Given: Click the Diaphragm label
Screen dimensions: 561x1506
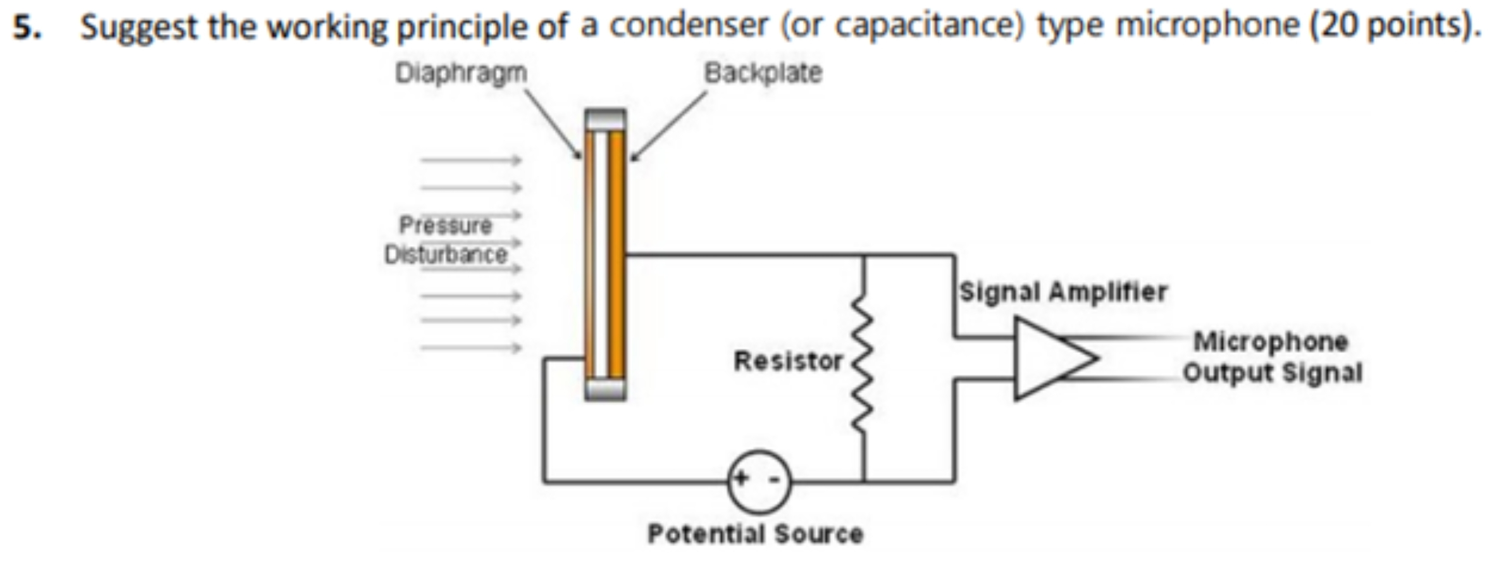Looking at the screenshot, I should coord(461,74).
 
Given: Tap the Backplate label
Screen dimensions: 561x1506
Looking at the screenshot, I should coord(763,74).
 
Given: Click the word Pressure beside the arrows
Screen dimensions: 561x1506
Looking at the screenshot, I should coord(446,225).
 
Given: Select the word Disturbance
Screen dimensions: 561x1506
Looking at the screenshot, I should coord(446,255).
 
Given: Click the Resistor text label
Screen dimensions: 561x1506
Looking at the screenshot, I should coord(788,361).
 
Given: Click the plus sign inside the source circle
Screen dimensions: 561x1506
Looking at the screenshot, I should coord(741,478).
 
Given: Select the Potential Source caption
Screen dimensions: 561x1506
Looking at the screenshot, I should coord(755,534).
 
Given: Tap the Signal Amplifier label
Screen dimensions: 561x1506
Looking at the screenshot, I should coord(1063,292).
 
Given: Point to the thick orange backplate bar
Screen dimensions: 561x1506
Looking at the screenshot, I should coord(615,254).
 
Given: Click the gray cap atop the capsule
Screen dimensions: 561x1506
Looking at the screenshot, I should coord(605,120).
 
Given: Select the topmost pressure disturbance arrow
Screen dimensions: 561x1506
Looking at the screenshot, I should coord(470,160).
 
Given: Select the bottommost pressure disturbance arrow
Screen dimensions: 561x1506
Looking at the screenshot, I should coord(470,348).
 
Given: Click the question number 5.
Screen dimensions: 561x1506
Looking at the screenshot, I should coord(26,27).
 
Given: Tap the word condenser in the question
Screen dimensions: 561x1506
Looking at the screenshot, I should coord(687,26).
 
